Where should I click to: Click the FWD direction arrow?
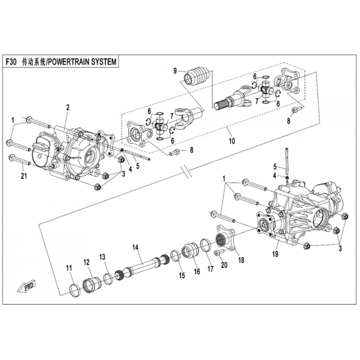(26, 286)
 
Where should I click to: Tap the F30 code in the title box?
(11, 62)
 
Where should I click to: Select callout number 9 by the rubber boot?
(175, 71)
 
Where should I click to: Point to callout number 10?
(232, 140)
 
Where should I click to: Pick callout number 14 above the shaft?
(136, 247)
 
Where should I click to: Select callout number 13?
(102, 257)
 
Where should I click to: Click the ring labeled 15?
(176, 256)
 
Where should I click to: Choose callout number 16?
(197, 271)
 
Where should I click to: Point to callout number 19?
(275, 254)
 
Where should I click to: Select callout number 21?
(24, 176)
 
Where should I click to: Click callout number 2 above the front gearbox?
(68, 107)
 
